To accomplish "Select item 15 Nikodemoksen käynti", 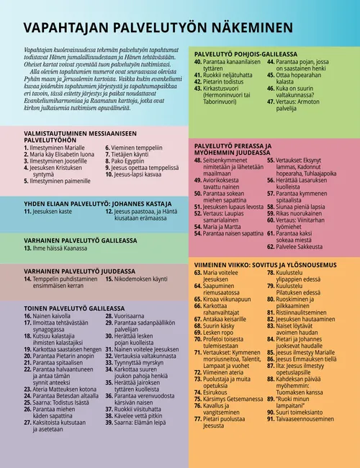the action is click(147, 278).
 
